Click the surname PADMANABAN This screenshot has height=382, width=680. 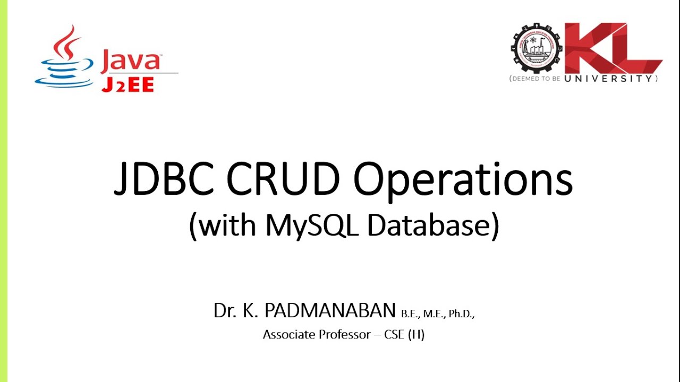coord(330,311)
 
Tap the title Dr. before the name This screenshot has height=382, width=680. coord(224,311)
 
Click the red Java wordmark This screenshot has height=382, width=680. coord(131,60)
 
